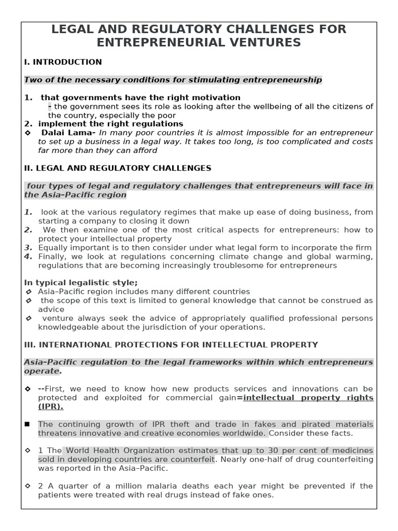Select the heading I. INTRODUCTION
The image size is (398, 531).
point(63,62)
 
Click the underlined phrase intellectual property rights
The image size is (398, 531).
point(308,398)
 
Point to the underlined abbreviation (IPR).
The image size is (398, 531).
point(51,407)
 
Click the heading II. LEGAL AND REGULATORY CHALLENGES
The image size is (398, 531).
point(118,168)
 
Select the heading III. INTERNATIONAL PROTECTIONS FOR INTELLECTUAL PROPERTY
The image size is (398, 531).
point(171,344)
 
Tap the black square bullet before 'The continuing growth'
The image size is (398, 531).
point(27,425)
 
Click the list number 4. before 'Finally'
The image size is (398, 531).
point(28,257)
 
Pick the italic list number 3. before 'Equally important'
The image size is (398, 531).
point(28,247)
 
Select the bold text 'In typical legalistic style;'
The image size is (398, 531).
point(81,283)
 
